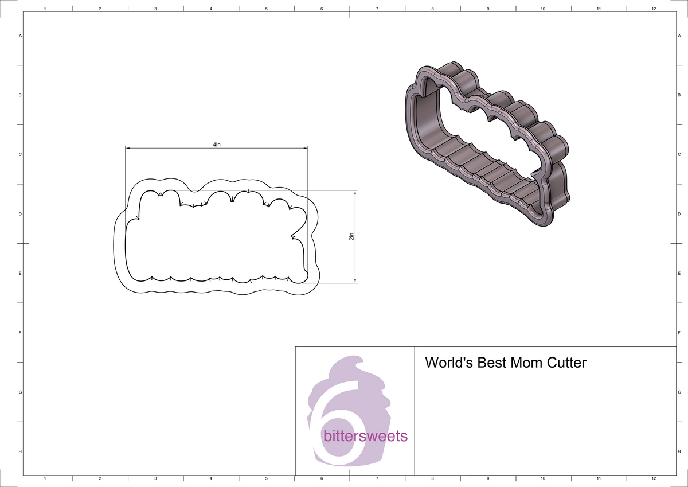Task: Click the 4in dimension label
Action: [x=216, y=145]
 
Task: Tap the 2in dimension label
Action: [x=351, y=236]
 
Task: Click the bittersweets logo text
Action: [x=365, y=437]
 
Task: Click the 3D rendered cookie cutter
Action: [x=487, y=143]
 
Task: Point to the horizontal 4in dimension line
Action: [x=172, y=148]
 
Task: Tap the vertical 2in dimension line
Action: [x=355, y=258]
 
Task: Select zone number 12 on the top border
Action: [x=654, y=9]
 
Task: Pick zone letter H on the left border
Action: [x=21, y=452]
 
